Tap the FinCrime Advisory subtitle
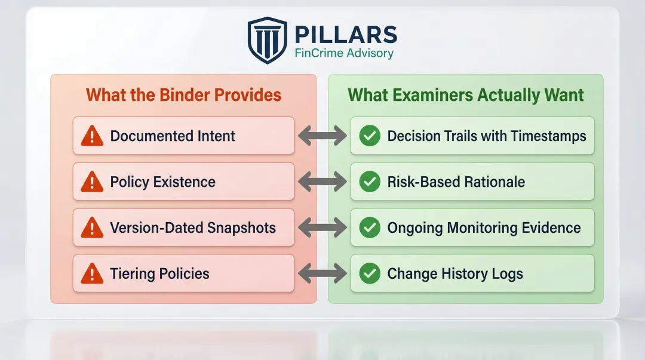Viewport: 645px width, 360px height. click(x=344, y=53)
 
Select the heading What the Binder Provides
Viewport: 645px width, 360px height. click(x=183, y=95)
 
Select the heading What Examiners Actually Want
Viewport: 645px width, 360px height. click(x=466, y=95)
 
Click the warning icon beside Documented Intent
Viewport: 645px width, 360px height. click(x=92, y=136)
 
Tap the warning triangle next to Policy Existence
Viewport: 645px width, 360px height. click(x=92, y=182)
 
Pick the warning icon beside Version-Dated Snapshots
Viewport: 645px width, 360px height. click(x=92, y=227)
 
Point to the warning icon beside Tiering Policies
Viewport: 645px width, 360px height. click(x=92, y=273)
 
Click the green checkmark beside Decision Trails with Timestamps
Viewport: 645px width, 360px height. click(x=370, y=136)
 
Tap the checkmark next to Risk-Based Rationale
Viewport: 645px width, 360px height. click(x=370, y=182)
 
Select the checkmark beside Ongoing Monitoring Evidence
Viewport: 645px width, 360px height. click(x=370, y=227)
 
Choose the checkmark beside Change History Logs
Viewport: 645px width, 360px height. click(x=370, y=273)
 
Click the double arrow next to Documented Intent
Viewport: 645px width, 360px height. click(x=322, y=136)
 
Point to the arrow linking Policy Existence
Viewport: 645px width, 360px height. click(x=322, y=182)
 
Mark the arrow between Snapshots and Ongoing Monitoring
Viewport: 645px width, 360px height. click(x=322, y=227)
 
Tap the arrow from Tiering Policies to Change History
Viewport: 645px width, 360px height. click(x=322, y=273)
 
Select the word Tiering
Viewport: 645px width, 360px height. click(x=133, y=274)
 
